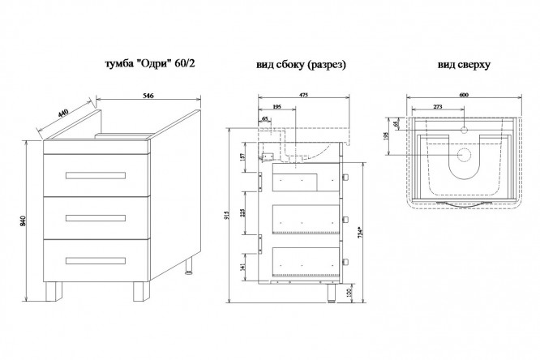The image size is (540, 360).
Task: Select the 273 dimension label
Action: coord(439,105)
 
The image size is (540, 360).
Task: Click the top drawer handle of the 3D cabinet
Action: coord(96,175)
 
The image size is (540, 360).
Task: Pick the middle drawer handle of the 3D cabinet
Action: coord(96,217)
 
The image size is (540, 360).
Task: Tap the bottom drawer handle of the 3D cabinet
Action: coord(96,260)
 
